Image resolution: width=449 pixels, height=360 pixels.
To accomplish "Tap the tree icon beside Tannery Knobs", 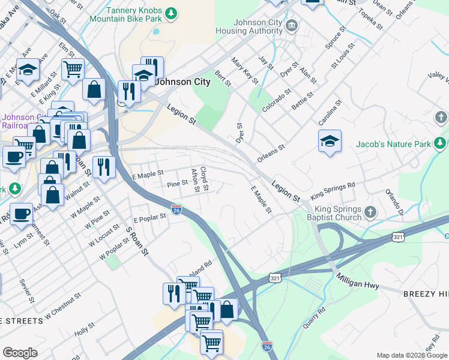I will tap(171, 12).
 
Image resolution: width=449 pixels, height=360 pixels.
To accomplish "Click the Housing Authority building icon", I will tap(292, 25).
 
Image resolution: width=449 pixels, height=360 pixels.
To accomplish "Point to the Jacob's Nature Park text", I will tap(394, 144).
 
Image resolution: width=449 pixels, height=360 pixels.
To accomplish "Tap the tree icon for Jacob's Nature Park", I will tap(441, 142).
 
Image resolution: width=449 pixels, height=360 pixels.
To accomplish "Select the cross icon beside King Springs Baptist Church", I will tap(370, 211).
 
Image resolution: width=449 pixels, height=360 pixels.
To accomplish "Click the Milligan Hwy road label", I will tap(358, 282).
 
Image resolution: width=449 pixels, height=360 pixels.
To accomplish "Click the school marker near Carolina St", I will tap(330, 142).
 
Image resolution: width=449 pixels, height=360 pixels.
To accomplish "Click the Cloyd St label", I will tap(205, 179).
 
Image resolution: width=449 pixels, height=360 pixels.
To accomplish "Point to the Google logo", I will tap(20, 353).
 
